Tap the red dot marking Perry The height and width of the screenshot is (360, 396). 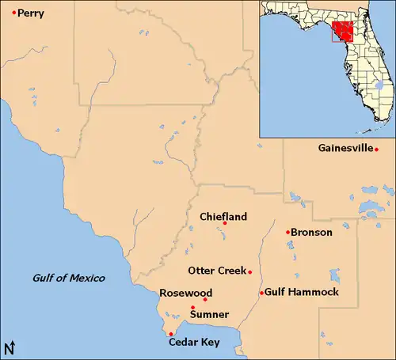pos(13,13)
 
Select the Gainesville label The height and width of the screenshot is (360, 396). pos(345,148)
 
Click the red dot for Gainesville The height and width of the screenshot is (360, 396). pos(377,150)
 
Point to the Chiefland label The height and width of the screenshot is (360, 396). pos(223,216)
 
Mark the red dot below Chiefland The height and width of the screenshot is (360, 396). pos(225,223)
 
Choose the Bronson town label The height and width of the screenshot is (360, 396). pos(311,232)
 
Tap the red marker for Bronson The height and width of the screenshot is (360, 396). pos(287,232)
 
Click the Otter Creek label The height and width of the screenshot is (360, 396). pos(217,271)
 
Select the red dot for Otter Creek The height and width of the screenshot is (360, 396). pos(250,272)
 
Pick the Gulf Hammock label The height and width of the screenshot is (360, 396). pos(302,292)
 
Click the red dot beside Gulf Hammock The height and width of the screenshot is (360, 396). pos(262,293)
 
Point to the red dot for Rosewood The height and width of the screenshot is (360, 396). pos(205,299)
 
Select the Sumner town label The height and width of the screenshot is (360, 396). pos(209,315)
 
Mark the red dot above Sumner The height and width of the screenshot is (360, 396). pos(192,307)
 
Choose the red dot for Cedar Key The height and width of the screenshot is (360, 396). pos(171,334)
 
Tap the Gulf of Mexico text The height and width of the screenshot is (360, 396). pos(68,278)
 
